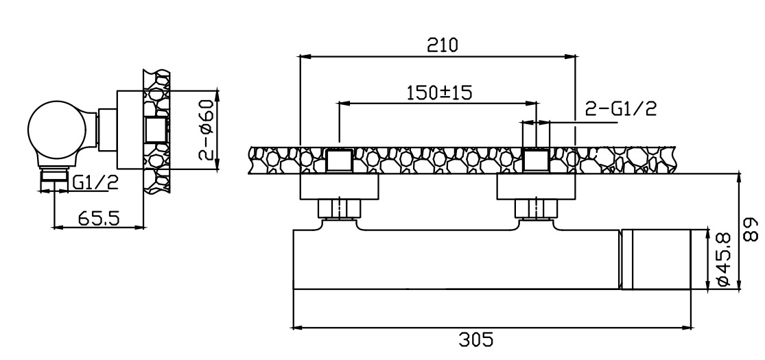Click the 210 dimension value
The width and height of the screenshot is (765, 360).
443,45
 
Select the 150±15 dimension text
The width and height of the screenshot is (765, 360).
440,92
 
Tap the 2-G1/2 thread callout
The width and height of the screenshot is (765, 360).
621,109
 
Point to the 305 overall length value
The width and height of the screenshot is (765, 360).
476,339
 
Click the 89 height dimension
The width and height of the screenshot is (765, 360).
753,229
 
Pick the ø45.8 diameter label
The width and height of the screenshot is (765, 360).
724,259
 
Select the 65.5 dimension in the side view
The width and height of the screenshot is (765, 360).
99,218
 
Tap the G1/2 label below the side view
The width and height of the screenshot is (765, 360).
95,183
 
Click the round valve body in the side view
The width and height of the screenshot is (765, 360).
57,130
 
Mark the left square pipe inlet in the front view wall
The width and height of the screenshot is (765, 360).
339,160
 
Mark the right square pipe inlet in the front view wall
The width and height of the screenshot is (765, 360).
536,160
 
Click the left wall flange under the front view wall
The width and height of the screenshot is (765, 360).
339,187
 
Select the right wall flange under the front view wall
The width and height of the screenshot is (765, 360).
536,187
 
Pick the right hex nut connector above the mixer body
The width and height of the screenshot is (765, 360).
536,208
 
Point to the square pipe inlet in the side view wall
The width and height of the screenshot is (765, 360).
156,130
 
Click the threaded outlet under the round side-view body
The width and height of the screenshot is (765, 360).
54,179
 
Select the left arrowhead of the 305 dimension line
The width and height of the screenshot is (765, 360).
297,327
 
